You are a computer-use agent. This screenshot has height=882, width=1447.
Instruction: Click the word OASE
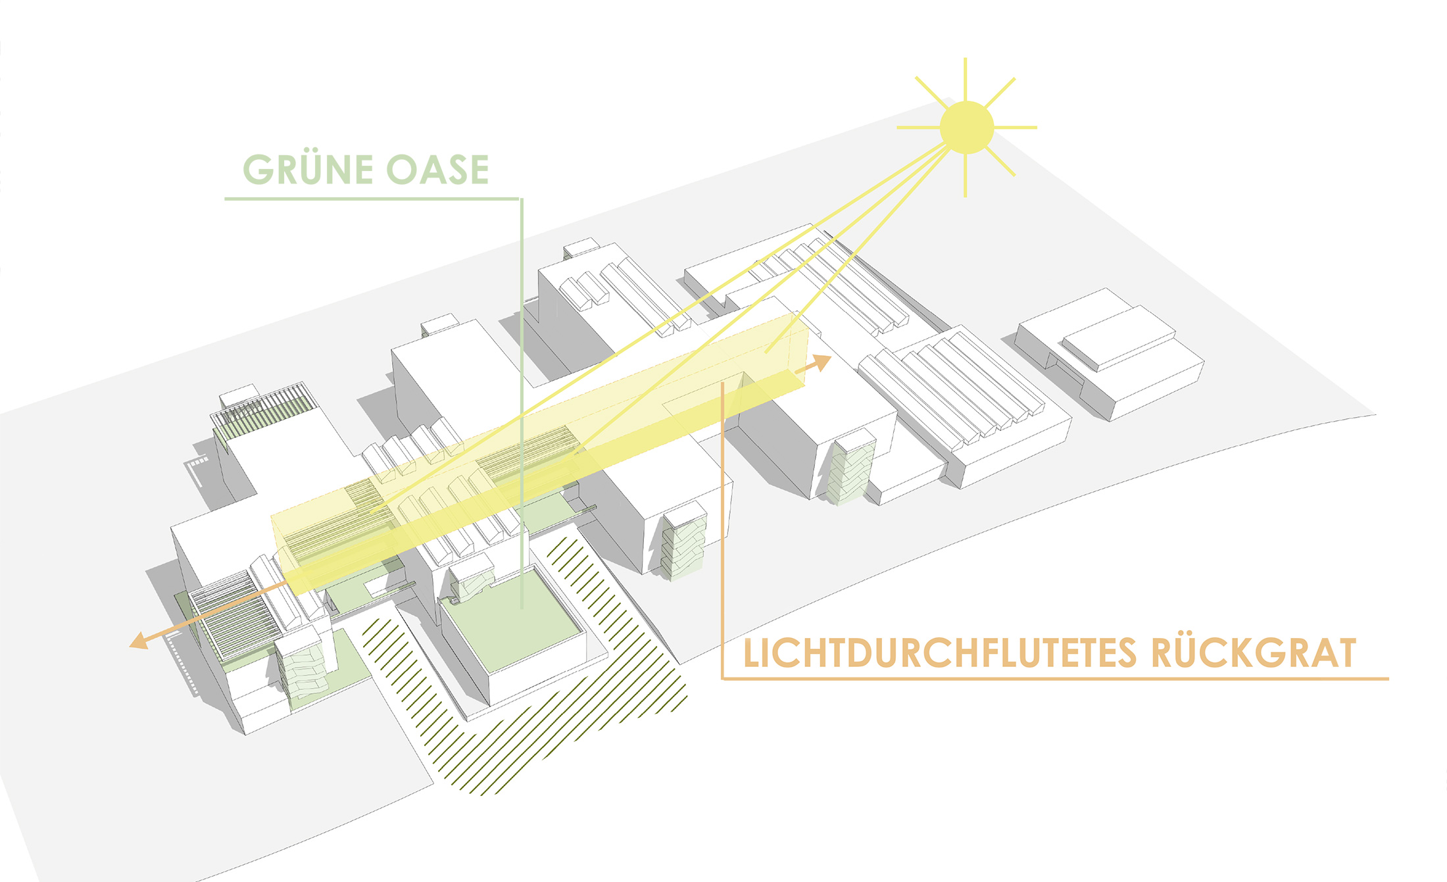(x=438, y=170)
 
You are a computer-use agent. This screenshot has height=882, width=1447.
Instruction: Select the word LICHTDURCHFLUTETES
(x=940, y=653)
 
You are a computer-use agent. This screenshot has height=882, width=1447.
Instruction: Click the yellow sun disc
(x=966, y=128)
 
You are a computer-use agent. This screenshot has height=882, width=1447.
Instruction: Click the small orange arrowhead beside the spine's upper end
(x=822, y=362)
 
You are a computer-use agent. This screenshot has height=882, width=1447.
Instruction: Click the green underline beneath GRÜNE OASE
(x=372, y=198)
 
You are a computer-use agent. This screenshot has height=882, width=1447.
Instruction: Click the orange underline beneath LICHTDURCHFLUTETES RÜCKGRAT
(x=1056, y=677)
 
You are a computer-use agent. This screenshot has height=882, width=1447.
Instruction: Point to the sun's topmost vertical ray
(x=966, y=79)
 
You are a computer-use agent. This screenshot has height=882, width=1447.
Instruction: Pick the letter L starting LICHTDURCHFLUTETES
(x=752, y=654)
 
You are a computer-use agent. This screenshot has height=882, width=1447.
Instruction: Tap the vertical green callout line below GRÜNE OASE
(x=522, y=403)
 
